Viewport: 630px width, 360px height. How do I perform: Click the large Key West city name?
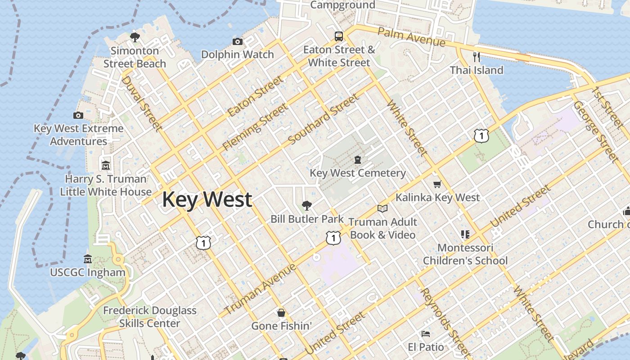pyautogui.click(x=207, y=199)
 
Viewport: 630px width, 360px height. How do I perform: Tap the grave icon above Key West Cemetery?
pyautogui.click(x=358, y=160)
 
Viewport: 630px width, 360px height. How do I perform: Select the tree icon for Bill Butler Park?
pyautogui.click(x=307, y=206)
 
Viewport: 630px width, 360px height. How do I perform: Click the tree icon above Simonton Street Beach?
pyautogui.click(x=135, y=37)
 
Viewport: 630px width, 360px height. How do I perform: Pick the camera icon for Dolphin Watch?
pyautogui.click(x=238, y=42)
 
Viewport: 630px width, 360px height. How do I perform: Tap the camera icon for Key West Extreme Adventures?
pyautogui.click(x=78, y=116)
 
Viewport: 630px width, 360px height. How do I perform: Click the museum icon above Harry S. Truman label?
pyautogui.click(x=106, y=166)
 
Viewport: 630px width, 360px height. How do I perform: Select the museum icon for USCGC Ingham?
pyautogui.click(x=88, y=259)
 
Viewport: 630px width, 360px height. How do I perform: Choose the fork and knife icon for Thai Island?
pyautogui.click(x=477, y=57)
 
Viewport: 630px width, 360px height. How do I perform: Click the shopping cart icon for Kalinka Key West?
pyautogui.click(x=437, y=184)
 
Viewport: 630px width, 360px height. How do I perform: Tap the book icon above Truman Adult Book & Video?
pyautogui.click(x=382, y=208)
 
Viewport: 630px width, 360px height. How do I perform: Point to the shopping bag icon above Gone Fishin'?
pyautogui.click(x=281, y=312)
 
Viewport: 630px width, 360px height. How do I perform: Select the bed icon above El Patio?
pyautogui.click(x=426, y=333)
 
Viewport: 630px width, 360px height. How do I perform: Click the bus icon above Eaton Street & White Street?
pyautogui.click(x=339, y=36)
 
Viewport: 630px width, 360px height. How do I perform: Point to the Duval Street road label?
pyautogui.click(x=141, y=103)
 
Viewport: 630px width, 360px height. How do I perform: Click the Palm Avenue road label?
pyautogui.click(x=411, y=37)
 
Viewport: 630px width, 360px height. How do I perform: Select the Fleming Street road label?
pyautogui.click(x=255, y=127)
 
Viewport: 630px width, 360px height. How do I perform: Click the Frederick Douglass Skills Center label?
pyautogui.click(x=150, y=317)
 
